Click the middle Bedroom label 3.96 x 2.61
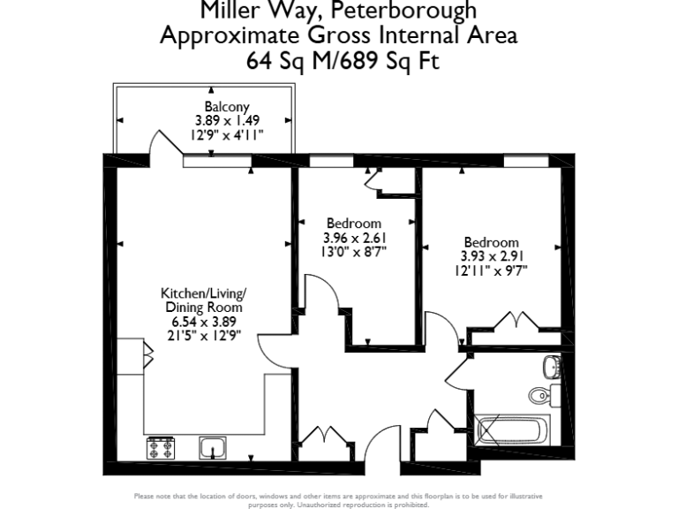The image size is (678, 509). tap(354, 224)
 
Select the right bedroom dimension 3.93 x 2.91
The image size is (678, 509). tap(493, 256)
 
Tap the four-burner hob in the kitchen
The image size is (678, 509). tap(161, 448)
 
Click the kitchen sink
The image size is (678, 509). tap(212, 449)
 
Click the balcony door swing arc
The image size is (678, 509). tap(163, 143)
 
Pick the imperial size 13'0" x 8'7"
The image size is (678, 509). tap(354, 251)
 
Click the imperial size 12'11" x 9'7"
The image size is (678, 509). tap(493, 270)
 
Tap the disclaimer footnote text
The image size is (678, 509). tap(339, 499)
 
